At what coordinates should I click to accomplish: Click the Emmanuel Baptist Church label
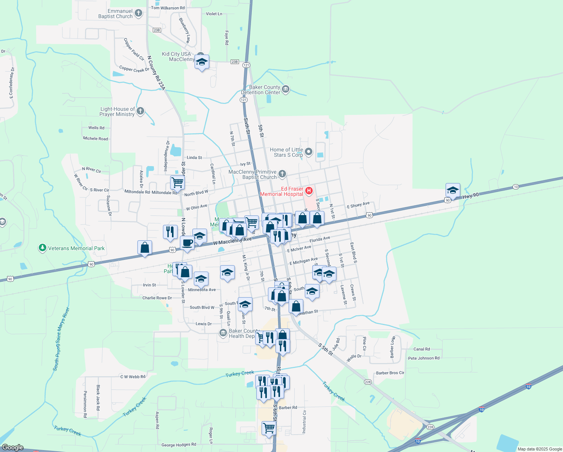click(x=115, y=14)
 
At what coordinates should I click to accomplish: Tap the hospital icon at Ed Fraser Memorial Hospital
click(x=309, y=191)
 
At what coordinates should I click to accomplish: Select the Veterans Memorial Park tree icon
click(x=43, y=248)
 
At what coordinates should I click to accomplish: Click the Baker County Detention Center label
click(x=264, y=90)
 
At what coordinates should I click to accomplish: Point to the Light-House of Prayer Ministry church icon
click(x=140, y=111)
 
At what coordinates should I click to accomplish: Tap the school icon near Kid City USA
click(x=202, y=62)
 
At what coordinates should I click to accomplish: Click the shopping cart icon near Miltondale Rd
click(x=177, y=182)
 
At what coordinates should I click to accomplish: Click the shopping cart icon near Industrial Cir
click(x=269, y=428)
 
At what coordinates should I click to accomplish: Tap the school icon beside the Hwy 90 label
click(x=453, y=190)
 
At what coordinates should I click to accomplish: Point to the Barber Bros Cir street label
click(x=390, y=373)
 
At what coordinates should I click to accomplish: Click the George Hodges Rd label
click(x=179, y=445)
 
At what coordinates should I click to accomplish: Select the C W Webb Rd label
click(x=132, y=377)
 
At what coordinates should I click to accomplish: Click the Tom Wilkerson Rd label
click(x=168, y=8)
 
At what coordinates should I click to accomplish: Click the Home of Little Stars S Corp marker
click(x=309, y=152)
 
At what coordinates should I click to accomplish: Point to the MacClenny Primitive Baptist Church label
click(x=253, y=174)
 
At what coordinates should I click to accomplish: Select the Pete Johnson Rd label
click(x=424, y=358)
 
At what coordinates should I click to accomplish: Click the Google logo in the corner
click(x=12, y=447)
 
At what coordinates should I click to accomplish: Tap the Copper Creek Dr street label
click(x=134, y=69)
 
